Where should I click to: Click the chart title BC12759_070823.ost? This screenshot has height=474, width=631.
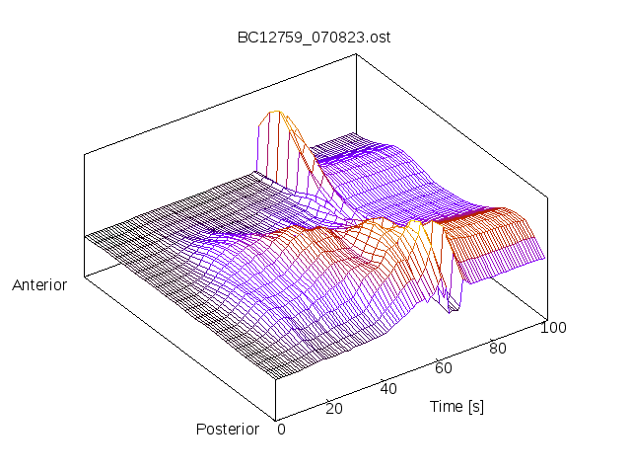click(x=315, y=38)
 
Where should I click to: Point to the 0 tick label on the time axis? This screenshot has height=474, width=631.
click(x=281, y=429)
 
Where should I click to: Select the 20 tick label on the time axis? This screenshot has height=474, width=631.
click(x=333, y=409)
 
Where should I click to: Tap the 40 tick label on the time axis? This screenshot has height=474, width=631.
click(x=388, y=388)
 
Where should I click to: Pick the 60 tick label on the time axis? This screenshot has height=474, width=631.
click(x=444, y=368)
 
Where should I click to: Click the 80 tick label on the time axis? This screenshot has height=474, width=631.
click(x=498, y=348)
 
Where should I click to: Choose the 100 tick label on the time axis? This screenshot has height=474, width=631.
click(x=553, y=328)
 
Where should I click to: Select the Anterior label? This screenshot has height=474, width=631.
click(x=39, y=285)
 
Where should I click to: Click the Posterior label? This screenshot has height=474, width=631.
click(x=228, y=429)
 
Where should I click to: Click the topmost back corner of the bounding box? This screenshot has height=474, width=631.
click(x=355, y=55)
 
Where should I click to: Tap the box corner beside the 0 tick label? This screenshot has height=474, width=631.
click(x=275, y=418)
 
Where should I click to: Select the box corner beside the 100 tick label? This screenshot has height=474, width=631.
click(x=545, y=318)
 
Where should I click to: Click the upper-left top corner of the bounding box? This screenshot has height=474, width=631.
click(x=85, y=154)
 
